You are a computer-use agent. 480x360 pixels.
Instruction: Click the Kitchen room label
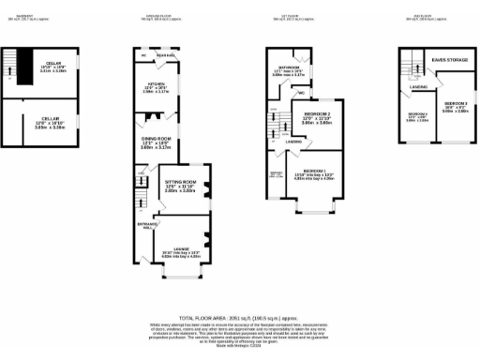coord(155,89)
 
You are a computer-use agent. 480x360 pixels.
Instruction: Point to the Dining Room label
coord(155,143)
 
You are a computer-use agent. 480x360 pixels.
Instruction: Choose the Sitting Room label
coord(181,186)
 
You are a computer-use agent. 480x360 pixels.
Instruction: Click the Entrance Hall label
coord(142,226)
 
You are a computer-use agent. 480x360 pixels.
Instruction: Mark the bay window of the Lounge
coord(183,279)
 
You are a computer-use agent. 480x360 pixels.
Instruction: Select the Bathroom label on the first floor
coord(288,71)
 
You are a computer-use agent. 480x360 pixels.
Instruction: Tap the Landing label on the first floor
coord(295,142)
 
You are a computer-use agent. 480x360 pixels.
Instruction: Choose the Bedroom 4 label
coord(418,116)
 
